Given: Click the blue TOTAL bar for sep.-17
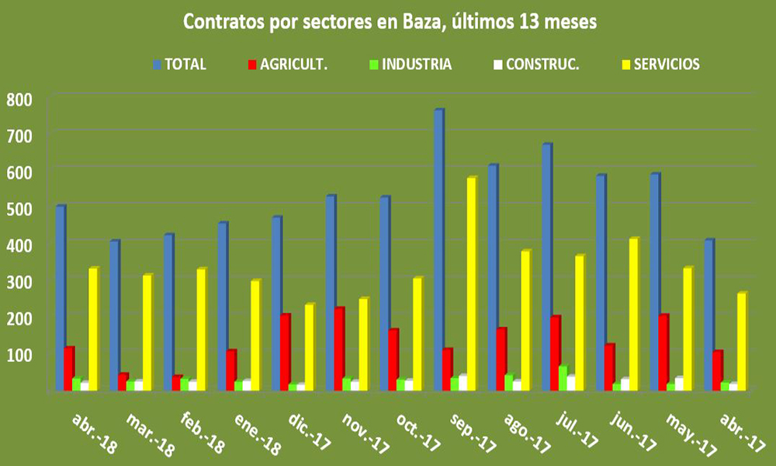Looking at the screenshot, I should tap(439, 249).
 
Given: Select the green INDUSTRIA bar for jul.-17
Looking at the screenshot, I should tap(563, 377).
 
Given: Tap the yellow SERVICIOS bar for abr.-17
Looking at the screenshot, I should tap(742, 341).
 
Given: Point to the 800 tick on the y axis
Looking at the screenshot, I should tap(20, 99).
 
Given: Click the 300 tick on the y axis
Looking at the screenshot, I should tap(20, 281).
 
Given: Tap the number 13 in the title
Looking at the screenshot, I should tap(527, 23).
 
